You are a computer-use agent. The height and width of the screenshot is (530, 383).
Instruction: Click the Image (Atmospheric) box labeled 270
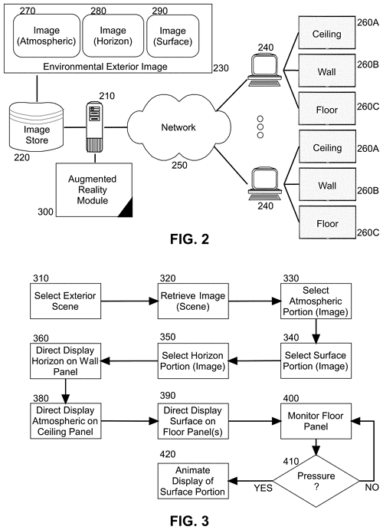(47, 35)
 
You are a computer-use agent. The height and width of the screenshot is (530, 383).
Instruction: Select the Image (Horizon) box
(113, 35)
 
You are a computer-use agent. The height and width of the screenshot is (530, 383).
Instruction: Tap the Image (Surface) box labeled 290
(173, 35)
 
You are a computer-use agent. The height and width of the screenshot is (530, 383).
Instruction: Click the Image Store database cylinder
(37, 127)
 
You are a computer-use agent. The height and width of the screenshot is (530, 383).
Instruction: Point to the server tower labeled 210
(95, 127)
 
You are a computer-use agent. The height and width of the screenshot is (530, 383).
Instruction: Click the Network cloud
(178, 127)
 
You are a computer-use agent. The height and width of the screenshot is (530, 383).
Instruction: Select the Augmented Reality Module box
(94, 190)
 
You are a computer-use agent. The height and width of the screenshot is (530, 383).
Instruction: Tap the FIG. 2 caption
(190, 239)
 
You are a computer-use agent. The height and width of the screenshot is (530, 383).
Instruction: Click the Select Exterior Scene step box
(65, 301)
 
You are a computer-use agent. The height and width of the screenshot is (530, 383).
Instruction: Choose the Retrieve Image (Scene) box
(193, 301)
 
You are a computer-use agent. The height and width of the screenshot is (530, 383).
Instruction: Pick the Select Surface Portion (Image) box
(316, 360)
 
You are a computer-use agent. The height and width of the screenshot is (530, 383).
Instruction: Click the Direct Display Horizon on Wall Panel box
(65, 360)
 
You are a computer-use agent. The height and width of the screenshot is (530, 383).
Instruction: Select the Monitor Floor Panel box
(316, 421)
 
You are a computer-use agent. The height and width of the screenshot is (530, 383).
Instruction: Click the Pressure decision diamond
(316, 481)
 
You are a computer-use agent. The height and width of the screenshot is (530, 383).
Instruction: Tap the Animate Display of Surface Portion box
(193, 481)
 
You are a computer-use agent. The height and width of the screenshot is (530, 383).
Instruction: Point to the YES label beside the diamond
(264, 488)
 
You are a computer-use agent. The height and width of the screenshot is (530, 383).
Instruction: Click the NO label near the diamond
(372, 487)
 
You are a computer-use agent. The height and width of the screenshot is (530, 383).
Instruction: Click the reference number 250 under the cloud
(179, 165)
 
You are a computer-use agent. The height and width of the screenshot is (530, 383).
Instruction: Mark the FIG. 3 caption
(190, 521)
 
